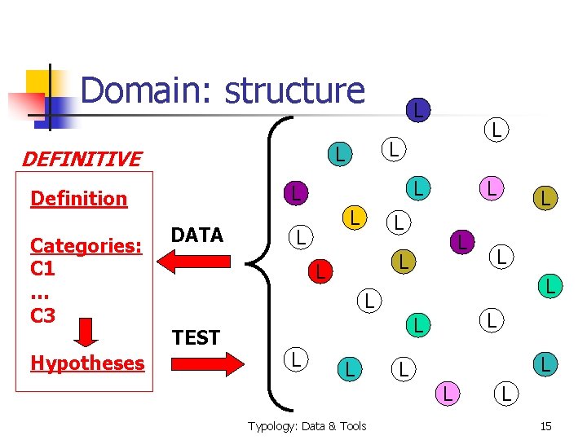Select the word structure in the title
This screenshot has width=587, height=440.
coord(295,90)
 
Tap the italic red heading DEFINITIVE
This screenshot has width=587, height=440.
coord(81,159)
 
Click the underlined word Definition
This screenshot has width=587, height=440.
coord(78,199)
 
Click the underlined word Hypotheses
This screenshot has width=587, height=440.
coord(86,363)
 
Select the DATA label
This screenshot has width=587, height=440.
coord(196,235)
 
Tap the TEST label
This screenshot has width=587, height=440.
coord(196,337)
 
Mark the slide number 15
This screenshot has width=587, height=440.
coord(546,425)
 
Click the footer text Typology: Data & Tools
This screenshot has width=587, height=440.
coord(307,425)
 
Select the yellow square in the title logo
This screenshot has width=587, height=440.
coord(41,83)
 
